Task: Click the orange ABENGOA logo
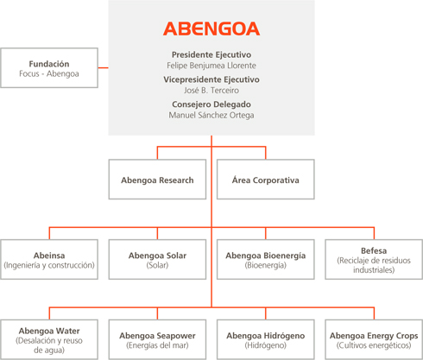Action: [x=211, y=28]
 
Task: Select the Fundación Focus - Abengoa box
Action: [x=49, y=68]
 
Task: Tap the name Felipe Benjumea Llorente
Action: [x=211, y=66]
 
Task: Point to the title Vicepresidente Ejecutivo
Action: [x=211, y=79]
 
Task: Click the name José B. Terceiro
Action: [x=211, y=91]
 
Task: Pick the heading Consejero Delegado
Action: [x=211, y=104]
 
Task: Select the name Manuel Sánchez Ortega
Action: [x=211, y=115]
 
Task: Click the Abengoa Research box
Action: [x=157, y=180]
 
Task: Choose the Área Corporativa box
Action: [x=266, y=180]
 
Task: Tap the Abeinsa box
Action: [x=49, y=259]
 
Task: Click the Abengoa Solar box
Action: [x=157, y=259]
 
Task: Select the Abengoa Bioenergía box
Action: [x=266, y=259]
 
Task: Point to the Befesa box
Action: [x=374, y=259]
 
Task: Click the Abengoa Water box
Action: [x=49, y=339]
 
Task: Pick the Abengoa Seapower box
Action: [x=157, y=339]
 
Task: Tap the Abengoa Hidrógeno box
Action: [x=266, y=339]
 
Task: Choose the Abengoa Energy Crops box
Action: [x=374, y=339]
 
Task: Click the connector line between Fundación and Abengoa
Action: [x=104, y=68]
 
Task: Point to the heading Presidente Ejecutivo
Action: [x=211, y=54]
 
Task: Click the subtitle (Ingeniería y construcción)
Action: [x=49, y=265]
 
